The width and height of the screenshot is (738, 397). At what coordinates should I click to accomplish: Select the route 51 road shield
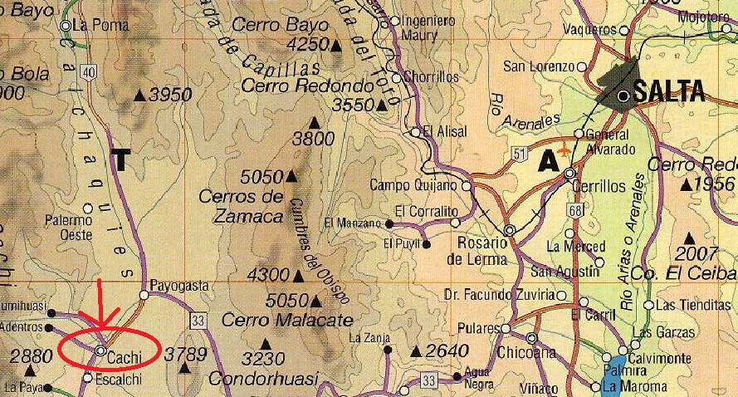(520, 154)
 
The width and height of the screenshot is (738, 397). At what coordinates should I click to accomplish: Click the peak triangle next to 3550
(382, 105)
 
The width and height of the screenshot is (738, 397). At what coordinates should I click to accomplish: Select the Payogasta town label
(180, 285)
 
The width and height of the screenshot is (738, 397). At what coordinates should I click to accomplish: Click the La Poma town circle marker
(66, 26)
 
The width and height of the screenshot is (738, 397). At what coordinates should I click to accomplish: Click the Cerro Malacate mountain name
(276, 320)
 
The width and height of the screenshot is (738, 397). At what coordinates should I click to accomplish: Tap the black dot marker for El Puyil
(426, 244)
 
